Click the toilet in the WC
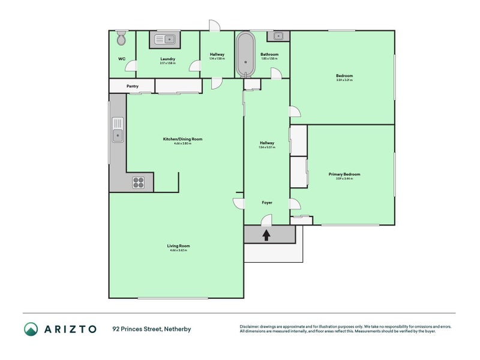(x=122, y=38)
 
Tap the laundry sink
(x=164, y=40)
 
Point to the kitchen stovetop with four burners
(x=138, y=182)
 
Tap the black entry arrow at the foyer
(x=266, y=235)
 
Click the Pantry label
(x=133, y=86)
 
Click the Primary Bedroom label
(x=344, y=174)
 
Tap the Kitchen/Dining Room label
(x=183, y=139)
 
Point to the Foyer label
(x=267, y=202)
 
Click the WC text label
(x=122, y=59)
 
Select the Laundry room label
(x=167, y=59)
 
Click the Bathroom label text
(x=269, y=54)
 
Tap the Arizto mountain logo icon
(x=31, y=328)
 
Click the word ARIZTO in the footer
(x=70, y=329)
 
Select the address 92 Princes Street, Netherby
(x=152, y=329)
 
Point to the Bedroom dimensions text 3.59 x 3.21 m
(x=344, y=80)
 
